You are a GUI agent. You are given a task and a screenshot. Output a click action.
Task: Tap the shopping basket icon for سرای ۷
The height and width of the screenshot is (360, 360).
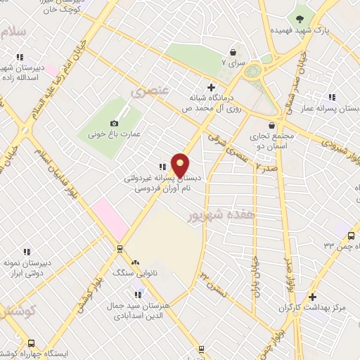[x=233, y=52]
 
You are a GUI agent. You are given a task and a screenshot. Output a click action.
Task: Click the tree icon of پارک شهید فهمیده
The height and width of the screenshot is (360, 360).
[x=300, y=18]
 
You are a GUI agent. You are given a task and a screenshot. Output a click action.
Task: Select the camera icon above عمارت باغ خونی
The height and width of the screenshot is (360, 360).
[x=115, y=123]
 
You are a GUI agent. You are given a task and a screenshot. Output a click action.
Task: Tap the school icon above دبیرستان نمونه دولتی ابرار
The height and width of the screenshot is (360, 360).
[x=27, y=252]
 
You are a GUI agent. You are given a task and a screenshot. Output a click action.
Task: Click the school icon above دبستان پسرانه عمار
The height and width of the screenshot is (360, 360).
[x=332, y=97]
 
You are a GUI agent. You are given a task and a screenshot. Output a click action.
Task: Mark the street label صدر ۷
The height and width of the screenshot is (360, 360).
[x=268, y=168]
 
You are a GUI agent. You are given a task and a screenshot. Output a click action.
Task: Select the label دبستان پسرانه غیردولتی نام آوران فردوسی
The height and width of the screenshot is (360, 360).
[x=158, y=184]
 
